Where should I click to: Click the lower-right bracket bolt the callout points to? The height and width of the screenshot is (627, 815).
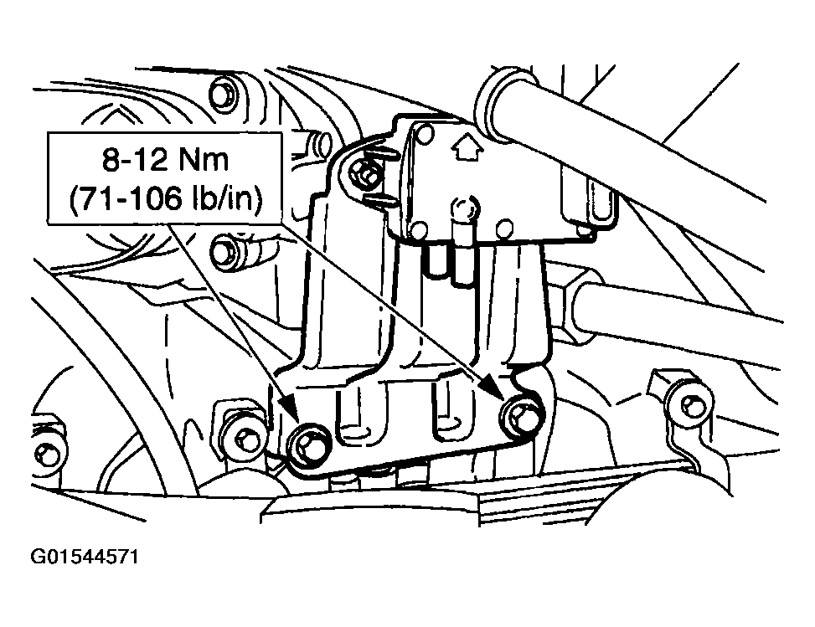(522, 416)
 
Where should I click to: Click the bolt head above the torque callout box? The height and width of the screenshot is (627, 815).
(221, 92)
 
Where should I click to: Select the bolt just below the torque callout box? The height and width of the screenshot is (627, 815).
(225, 249)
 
